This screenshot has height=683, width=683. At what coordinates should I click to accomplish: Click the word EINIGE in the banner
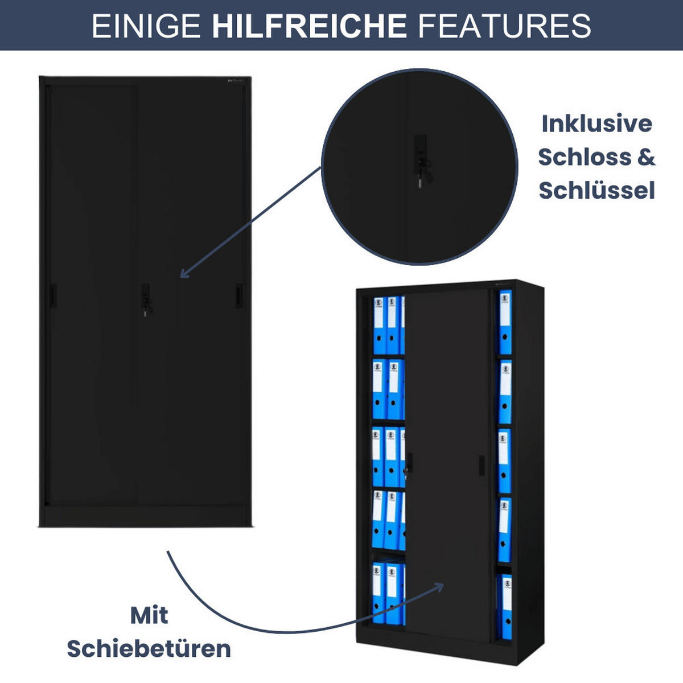[146, 26]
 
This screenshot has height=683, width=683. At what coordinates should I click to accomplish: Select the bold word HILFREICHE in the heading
[309, 26]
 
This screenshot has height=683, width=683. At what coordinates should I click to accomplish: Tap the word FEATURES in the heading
[504, 26]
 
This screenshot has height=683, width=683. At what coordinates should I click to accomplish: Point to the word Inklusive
[597, 124]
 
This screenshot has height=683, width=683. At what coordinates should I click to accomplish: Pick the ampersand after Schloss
[647, 157]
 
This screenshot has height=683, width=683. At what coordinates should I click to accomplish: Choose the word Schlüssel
[596, 190]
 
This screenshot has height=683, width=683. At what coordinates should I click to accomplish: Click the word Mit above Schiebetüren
[149, 615]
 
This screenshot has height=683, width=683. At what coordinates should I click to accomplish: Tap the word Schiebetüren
[149, 649]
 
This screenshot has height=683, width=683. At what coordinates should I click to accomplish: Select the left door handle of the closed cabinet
[53, 295]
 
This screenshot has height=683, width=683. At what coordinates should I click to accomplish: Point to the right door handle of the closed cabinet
[239, 295]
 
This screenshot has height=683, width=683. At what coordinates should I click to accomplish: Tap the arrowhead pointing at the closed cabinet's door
[185, 273]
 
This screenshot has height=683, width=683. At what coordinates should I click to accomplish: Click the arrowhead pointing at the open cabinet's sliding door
[439, 587]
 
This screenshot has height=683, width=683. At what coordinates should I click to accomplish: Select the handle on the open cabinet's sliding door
[482, 466]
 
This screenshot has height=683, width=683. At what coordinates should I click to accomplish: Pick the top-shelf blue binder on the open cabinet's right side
[505, 322]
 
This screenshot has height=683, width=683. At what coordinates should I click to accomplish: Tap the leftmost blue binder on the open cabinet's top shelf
[379, 325]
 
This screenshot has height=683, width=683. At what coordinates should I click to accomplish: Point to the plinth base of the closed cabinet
[145, 516]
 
